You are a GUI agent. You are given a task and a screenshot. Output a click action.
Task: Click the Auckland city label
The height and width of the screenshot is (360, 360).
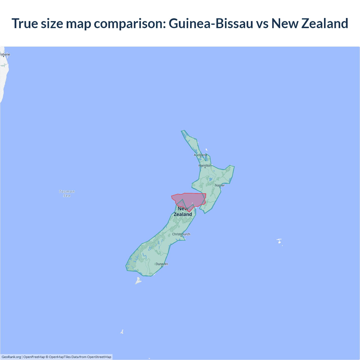click(x=200, y=155)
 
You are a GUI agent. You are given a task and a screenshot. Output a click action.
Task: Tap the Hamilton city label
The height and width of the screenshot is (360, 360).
click(x=205, y=166)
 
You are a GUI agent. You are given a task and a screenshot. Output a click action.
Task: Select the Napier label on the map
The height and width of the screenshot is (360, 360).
click(x=220, y=185)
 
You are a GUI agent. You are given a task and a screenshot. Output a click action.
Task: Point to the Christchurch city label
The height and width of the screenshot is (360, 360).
click(x=181, y=234)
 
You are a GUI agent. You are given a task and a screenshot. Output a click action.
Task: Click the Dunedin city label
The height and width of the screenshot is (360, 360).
click(x=162, y=264)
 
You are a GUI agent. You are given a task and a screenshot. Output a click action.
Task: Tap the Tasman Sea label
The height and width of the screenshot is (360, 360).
click(x=67, y=193)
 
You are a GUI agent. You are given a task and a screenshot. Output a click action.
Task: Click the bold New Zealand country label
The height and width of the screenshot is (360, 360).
click(x=183, y=211)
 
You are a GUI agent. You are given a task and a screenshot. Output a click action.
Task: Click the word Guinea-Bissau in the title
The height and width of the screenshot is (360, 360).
click(x=211, y=23)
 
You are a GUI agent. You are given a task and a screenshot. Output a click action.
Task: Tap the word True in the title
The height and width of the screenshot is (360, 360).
click(x=25, y=23)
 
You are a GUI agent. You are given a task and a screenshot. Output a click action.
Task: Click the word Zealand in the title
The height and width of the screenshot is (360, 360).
click(x=325, y=23)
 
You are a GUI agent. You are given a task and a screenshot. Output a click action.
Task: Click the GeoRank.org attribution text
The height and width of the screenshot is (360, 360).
click(x=11, y=357)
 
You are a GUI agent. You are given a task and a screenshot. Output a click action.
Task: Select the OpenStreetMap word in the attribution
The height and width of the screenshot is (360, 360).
click(x=99, y=357)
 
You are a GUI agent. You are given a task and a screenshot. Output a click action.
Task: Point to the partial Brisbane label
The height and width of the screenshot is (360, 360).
click(x=5, y=55)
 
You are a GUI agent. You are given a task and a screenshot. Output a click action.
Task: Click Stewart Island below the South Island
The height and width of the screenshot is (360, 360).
click(x=138, y=280)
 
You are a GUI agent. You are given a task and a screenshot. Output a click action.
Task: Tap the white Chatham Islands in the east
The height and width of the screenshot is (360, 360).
click(x=279, y=241)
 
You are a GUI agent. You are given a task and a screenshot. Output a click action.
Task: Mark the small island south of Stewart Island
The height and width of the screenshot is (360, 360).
click(x=122, y=332)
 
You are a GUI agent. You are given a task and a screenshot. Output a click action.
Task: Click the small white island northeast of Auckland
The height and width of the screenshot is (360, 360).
click(x=206, y=150)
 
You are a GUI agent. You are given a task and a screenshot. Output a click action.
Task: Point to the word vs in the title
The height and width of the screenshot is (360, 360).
click(x=262, y=23)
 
